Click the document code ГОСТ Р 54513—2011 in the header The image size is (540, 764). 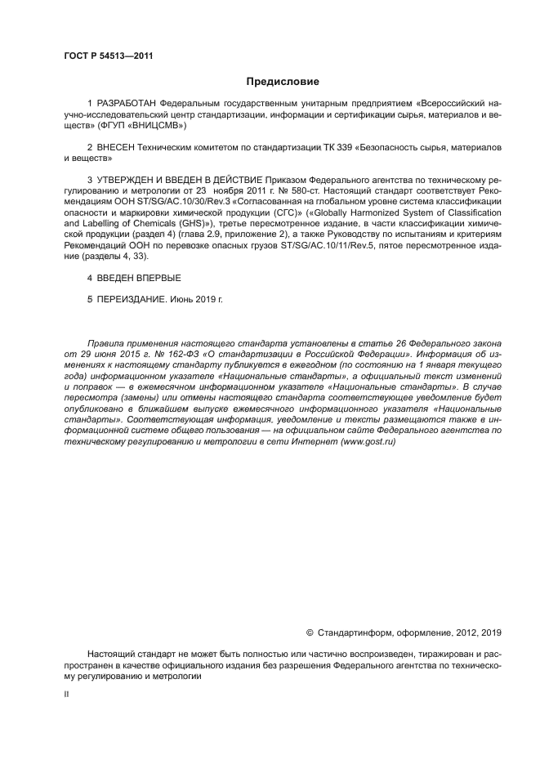point(108,56)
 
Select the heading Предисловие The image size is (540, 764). point(283,82)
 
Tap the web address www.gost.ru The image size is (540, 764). point(367,440)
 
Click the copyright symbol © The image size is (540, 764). point(309,632)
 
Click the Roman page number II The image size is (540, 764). point(66,693)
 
